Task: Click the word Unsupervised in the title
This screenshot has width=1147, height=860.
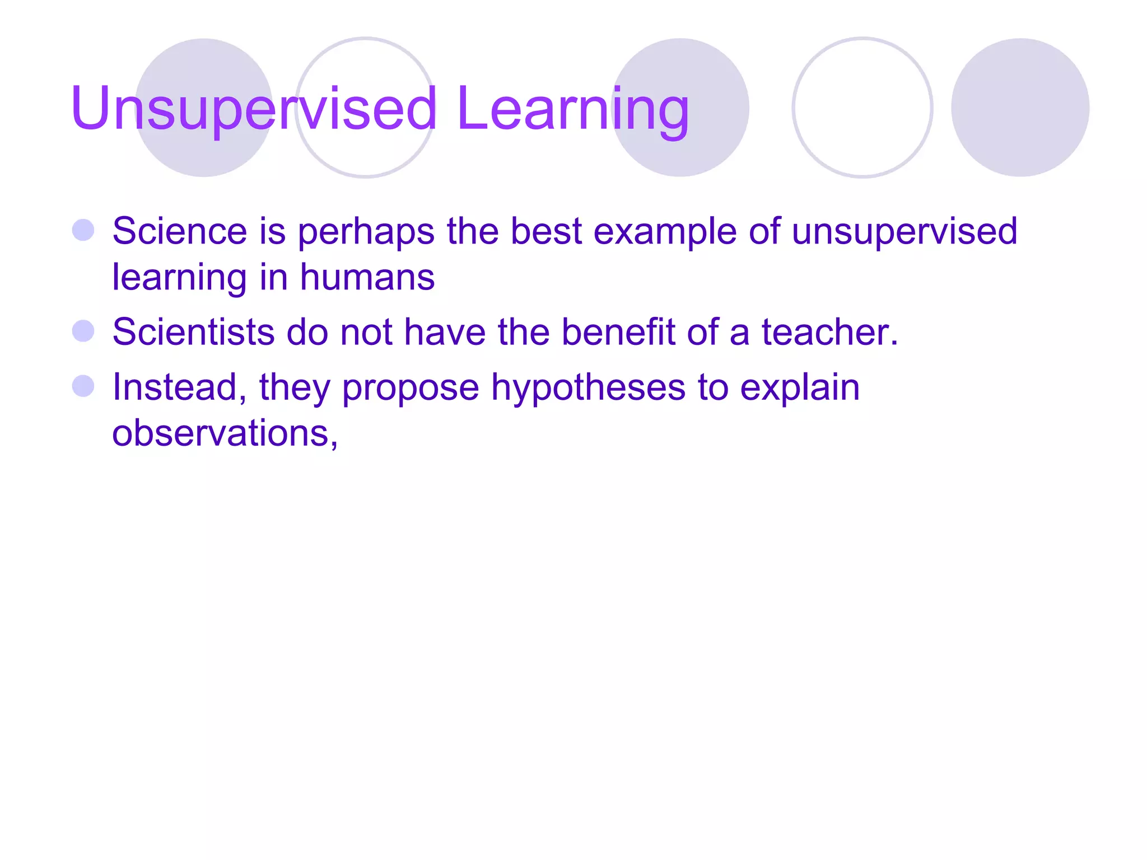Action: pyautogui.click(x=253, y=109)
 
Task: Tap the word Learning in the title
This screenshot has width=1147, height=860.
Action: pyautogui.click(x=572, y=109)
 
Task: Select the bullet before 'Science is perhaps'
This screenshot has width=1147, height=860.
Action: pyautogui.click(x=83, y=230)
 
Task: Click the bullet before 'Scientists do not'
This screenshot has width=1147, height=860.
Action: pyautogui.click(x=83, y=331)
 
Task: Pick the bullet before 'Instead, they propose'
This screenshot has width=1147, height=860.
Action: pyautogui.click(x=83, y=386)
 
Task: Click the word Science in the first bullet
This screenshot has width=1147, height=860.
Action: pyautogui.click(x=179, y=231)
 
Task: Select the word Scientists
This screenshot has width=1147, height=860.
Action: pyautogui.click(x=193, y=331)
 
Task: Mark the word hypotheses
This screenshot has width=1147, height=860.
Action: pyautogui.click(x=588, y=388)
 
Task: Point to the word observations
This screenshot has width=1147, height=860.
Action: pyautogui.click(x=224, y=433)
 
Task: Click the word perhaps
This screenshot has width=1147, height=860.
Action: pyautogui.click(x=366, y=232)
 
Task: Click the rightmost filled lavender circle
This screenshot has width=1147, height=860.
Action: pyautogui.click(x=1020, y=107)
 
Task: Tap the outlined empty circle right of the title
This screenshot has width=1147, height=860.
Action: pyautogui.click(x=862, y=107)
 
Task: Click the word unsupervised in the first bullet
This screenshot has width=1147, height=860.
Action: pyautogui.click(x=904, y=232)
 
